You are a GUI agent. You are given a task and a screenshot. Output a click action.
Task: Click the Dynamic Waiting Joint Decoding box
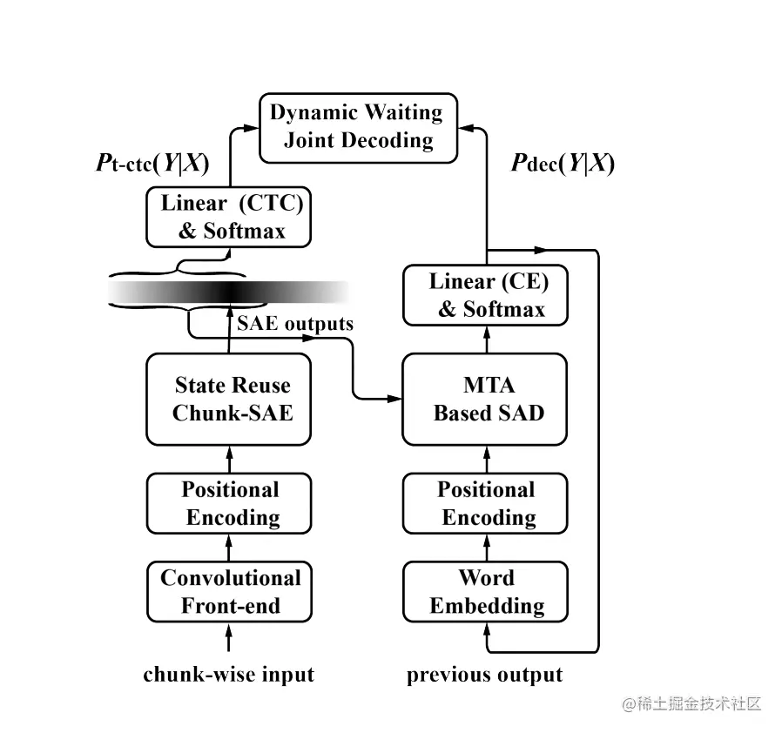[x=357, y=127]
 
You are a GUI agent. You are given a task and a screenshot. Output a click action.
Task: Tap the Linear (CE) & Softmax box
[x=486, y=296]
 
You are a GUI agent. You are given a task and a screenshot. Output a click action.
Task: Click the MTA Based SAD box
[x=486, y=399]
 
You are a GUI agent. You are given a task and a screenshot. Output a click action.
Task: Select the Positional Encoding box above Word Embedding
[x=486, y=503]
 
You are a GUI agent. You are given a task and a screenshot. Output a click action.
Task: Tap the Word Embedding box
[x=486, y=592]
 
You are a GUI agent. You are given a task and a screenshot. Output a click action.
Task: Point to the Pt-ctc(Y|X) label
[x=152, y=164]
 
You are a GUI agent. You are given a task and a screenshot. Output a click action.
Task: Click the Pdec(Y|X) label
[x=563, y=164]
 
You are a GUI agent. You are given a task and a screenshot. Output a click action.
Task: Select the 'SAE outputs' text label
[x=295, y=324]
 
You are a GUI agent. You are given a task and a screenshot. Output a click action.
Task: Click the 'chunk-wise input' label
[x=228, y=675]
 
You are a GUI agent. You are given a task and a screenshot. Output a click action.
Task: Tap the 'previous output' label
[x=484, y=675]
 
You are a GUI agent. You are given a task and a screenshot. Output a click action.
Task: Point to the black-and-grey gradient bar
[x=230, y=293]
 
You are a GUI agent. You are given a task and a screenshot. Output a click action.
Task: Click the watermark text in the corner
[x=692, y=703]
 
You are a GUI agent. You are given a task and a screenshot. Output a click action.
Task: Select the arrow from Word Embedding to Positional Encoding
[x=486, y=548]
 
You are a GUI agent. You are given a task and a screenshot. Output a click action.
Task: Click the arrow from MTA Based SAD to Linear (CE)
[x=486, y=340]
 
